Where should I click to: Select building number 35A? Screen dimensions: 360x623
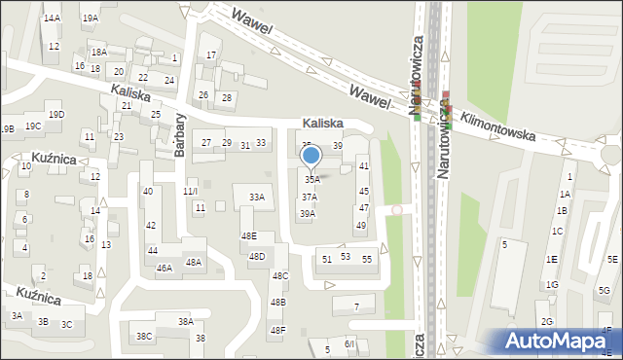(x=311, y=180)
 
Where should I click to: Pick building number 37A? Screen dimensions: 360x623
(x=309, y=197)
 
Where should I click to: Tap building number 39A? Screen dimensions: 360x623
(x=307, y=214)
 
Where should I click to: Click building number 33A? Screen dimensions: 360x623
(x=257, y=197)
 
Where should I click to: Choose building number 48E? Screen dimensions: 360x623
(x=249, y=236)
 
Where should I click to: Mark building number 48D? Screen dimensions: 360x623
(x=257, y=257)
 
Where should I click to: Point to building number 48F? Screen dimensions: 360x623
(x=278, y=330)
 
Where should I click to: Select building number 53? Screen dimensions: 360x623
(x=345, y=257)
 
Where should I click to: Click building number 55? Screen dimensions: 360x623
(x=367, y=259)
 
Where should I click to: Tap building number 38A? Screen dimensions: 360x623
(x=185, y=321)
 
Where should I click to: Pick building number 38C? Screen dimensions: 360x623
(x=144, y=337)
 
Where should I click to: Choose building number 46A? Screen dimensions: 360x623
(x=165, y=268)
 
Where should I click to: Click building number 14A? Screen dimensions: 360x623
(x=52, y=18)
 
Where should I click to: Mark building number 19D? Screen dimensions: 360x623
(x=56, y=115)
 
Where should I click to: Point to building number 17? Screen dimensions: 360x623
(x=211, y=55)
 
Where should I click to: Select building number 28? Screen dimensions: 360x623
(x=226, y=97)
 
